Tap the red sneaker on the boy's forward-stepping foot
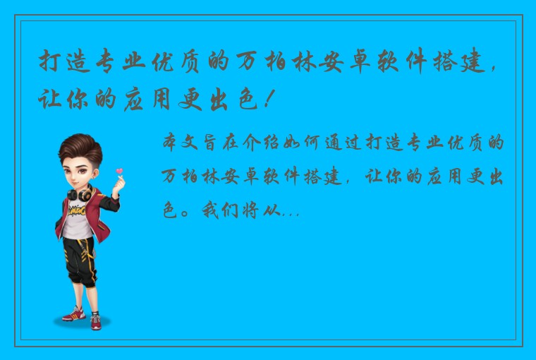click(x=73, y=313)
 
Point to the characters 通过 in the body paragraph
click(x=344, y=143)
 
